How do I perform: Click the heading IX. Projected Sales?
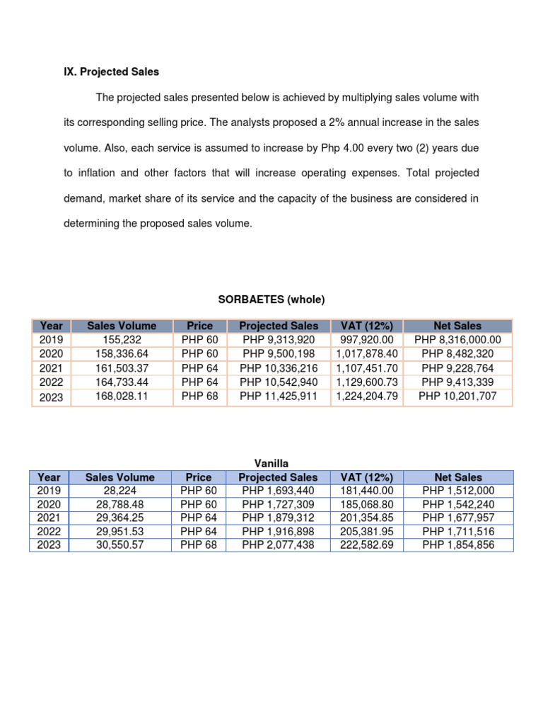111,72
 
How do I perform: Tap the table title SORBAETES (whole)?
271,299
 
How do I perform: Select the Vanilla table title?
271,463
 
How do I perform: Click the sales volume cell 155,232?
122,340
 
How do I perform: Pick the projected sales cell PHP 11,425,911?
279,396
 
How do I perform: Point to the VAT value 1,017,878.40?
367,354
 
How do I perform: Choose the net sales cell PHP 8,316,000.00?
457,340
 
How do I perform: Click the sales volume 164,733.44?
122,382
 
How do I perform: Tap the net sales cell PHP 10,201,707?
457,396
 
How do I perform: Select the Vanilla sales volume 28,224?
119,490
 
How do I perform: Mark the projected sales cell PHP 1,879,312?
279,518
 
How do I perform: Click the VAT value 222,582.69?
367,545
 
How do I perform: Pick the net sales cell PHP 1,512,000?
458,490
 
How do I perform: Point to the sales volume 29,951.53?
119,532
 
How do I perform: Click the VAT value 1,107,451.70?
367,368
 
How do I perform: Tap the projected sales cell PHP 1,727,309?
279,504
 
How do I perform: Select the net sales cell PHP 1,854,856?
458,545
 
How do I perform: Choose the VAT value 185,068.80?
367,504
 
